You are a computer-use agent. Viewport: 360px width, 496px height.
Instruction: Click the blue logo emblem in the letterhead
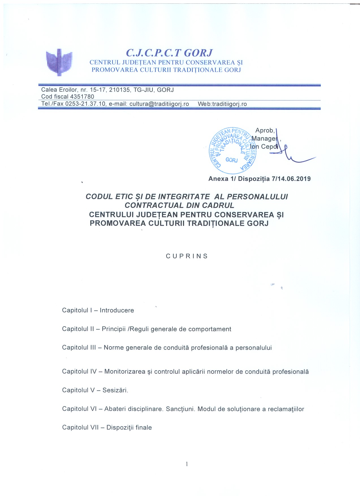tap(59, 62)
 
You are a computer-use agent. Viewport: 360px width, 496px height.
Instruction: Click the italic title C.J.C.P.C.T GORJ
tap(169, 53)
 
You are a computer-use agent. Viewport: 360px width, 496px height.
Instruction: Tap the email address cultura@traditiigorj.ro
tap(159, 104)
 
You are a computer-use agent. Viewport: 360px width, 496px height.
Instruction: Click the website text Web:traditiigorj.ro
tap(222, 104)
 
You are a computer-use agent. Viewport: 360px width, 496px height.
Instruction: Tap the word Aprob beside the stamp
tap(265, 130)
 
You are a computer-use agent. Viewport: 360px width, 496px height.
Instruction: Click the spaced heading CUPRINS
tap(187, 256)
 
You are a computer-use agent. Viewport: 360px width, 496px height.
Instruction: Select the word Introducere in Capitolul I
tap(117, 310)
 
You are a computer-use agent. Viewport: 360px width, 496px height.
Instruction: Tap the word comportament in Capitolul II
tap(210, 329)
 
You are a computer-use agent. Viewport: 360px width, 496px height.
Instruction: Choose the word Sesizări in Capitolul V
tap(115, 390)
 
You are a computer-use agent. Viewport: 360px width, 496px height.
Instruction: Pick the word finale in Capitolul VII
tap(144, 428)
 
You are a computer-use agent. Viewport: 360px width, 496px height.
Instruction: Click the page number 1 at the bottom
tap(187, 464)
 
